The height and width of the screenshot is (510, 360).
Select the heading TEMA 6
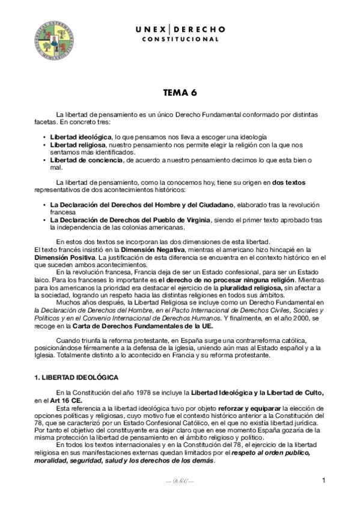coord(180,93)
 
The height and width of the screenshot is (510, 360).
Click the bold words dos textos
coord(291,182)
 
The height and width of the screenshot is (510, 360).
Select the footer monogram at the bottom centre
coord(180,482)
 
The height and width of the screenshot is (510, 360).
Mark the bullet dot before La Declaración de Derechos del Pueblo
coord(44,220)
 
